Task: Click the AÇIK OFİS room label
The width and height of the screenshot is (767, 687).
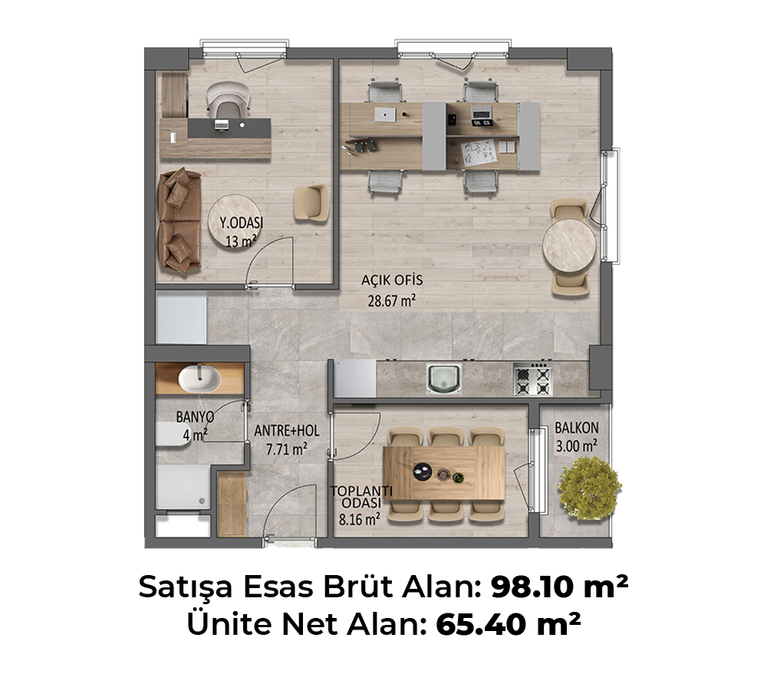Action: point(392,280)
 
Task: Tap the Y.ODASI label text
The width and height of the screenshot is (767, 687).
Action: point(241,223)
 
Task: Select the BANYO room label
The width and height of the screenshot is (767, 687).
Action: point(195,417)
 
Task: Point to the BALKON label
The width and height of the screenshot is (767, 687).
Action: point(576,428)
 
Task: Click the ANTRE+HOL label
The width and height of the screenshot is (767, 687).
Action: point(287,431)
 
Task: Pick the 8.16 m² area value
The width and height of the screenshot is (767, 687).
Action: point(360,519)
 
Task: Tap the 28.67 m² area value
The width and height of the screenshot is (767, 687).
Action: point(391,301)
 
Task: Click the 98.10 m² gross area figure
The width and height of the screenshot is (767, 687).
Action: point(559,587)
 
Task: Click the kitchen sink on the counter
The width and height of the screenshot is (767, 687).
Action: point(443,379)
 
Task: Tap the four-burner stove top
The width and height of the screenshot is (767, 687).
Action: point(533,380)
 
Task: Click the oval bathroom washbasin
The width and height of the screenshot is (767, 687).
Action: point(199,379)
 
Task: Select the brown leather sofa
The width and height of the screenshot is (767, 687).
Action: point(179,221)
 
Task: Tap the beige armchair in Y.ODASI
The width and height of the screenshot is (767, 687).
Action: point(311,203)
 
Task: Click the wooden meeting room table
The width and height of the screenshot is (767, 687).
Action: point(443,473)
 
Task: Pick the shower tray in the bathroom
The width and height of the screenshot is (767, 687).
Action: point(183,487)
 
